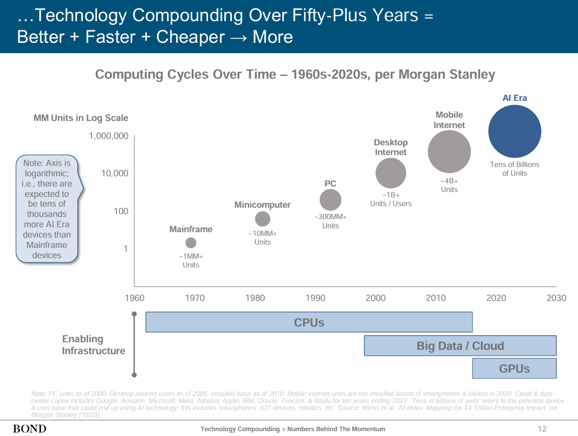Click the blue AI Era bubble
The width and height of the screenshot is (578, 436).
pyautogui.click(x=515, y=131)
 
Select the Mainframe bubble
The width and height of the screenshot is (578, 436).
pyautogui.click(x=191, y=243)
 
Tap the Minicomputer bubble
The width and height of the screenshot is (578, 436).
pyautogui.click(x=262, y=219)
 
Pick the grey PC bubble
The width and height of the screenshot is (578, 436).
pyautogui.click(x=330, y=200)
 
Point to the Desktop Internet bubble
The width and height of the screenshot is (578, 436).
pyautogui.click(x=391, y=174)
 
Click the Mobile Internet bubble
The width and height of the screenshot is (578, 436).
pyautogui.click(x=449, y=152)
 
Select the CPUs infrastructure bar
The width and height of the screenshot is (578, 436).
pyautogui.click(x=309, y=322)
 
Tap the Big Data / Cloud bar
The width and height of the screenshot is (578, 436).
pyautogui.click(x=460, y=346)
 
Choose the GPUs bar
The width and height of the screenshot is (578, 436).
pyautogui.click(x=514, y=369)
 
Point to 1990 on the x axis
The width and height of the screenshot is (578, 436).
pyautogui.click(x=315, y=298)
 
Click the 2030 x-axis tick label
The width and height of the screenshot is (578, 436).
pyautogui.click(x=556, y=298)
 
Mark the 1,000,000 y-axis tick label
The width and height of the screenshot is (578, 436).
pyautogui.click(x=109, y=136)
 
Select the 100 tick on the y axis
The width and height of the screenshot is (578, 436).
pyautogui.click(x=121, y=211)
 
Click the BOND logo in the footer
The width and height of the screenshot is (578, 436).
pyautogui.click(x=30, y=429)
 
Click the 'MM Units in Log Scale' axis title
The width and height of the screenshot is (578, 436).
pyautogui.click(x=81, y=118)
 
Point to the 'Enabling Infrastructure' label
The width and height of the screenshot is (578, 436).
pyautogui.click(x=93, y=345)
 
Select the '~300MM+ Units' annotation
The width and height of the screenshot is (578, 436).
pyautogui.click(x=330, y=221)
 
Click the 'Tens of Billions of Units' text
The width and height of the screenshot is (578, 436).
pyautogui.click(x=515, y=169)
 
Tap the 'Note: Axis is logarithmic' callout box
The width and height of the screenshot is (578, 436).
pyautogui.click(x=47, y=209)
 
